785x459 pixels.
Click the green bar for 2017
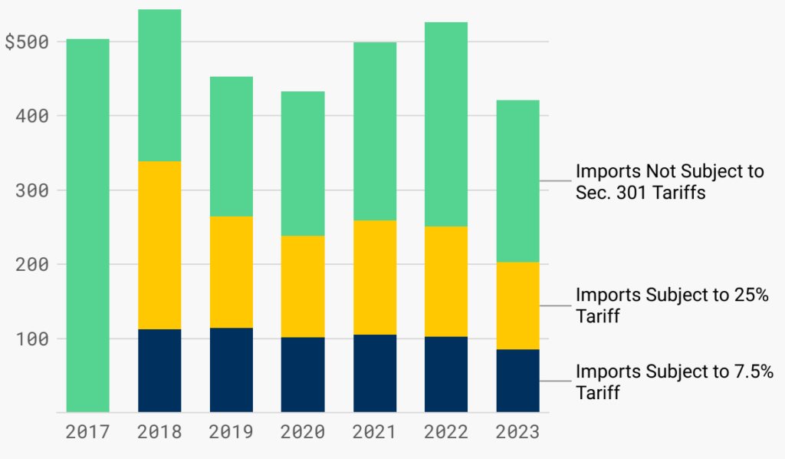(87, 226)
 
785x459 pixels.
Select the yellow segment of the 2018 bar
(159, 245)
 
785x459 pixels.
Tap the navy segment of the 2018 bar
(159, 371)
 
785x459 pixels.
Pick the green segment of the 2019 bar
(232, 146)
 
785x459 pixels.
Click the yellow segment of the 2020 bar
(303, 286)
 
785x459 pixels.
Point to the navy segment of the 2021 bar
(375, 373)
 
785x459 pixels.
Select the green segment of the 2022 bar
(446, 124)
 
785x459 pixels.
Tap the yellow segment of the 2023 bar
(517, 305)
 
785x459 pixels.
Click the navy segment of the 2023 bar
(517, 381)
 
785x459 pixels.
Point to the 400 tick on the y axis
(32, 116)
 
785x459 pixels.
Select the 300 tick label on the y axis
(32, 190)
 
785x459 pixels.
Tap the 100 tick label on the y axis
(32, 338)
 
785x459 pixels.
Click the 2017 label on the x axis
(87, 432)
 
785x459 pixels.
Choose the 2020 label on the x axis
(303, 432)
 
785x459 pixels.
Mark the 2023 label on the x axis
(517, 432)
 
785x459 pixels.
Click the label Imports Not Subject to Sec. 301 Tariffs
(669, 182)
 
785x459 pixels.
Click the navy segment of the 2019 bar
(232, 370)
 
